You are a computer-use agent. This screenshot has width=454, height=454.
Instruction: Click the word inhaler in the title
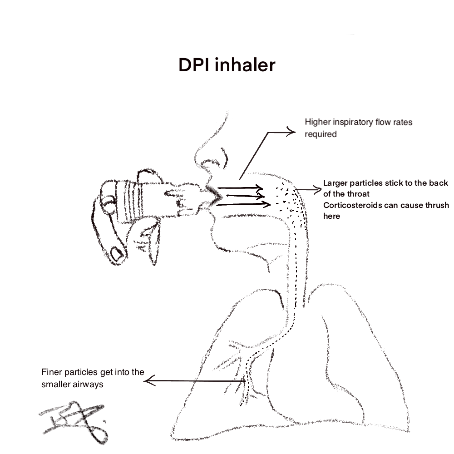tap(245, 65)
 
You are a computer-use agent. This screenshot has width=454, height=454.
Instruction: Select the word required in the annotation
tap(321, 134)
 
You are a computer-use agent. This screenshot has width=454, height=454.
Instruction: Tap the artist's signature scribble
tap(75, 420)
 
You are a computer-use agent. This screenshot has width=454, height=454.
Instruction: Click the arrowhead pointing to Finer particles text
tap(148, 381)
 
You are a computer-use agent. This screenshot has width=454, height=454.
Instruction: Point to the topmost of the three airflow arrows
tap(241, 188)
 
